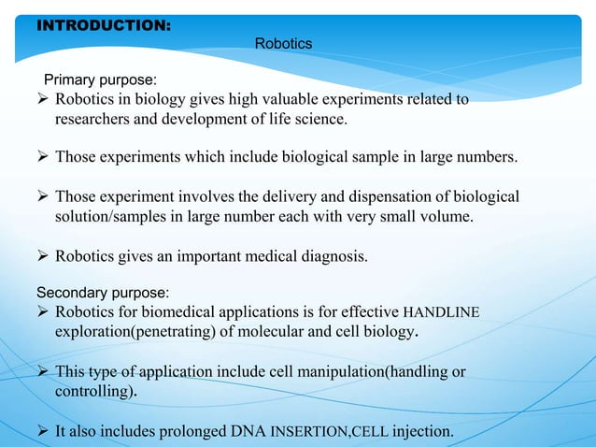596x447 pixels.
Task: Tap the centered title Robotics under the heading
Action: [283, 44]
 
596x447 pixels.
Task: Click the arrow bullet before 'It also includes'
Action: [42, 431]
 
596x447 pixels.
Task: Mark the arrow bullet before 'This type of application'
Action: [42, 372]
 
